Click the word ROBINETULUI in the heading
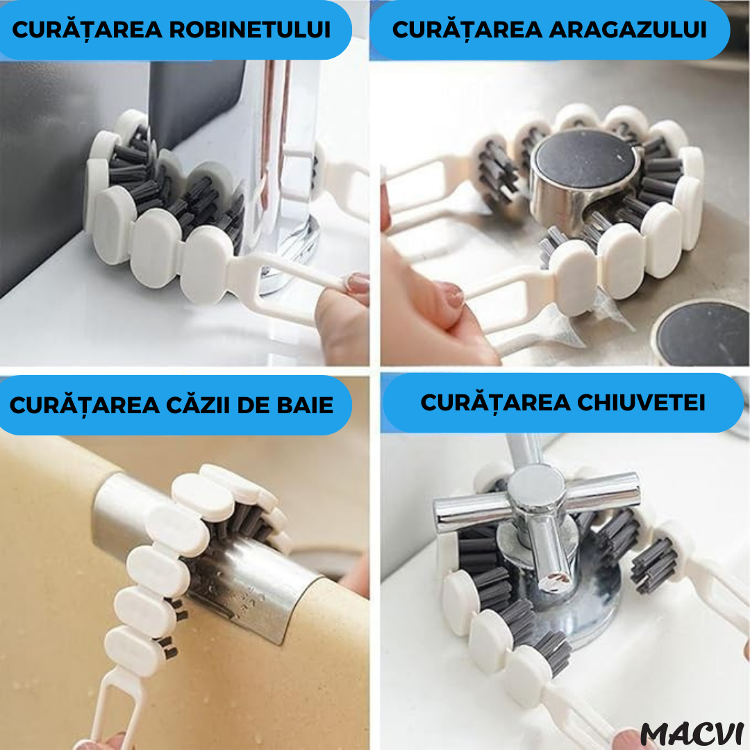point(250,30)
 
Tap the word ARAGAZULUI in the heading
point(628,30)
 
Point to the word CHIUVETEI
point(641,403)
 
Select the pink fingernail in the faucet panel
point(358,283)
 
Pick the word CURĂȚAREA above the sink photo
point(496,403)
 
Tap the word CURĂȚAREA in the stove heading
point(467,31)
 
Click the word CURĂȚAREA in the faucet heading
point(87,31)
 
